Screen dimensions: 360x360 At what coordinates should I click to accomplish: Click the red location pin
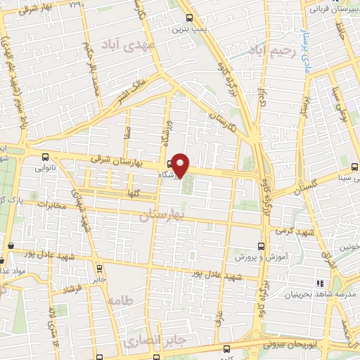coord(181,164)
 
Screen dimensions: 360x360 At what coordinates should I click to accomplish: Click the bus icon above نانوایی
coord(46,157)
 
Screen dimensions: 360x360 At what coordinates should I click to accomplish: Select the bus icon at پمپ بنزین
coord(188,19)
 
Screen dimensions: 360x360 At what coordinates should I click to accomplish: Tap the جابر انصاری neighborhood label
coord(148,342)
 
